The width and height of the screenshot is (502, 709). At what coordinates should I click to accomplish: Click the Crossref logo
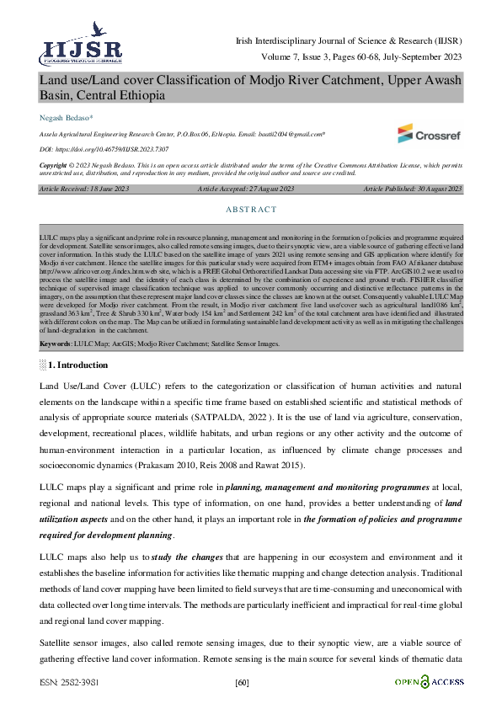[430, 132]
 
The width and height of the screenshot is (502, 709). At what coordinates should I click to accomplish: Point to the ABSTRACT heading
[251, 210]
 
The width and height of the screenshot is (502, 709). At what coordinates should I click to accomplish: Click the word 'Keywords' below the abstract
[56, 344]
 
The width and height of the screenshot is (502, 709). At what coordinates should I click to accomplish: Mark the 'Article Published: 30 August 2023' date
[413, 189]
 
